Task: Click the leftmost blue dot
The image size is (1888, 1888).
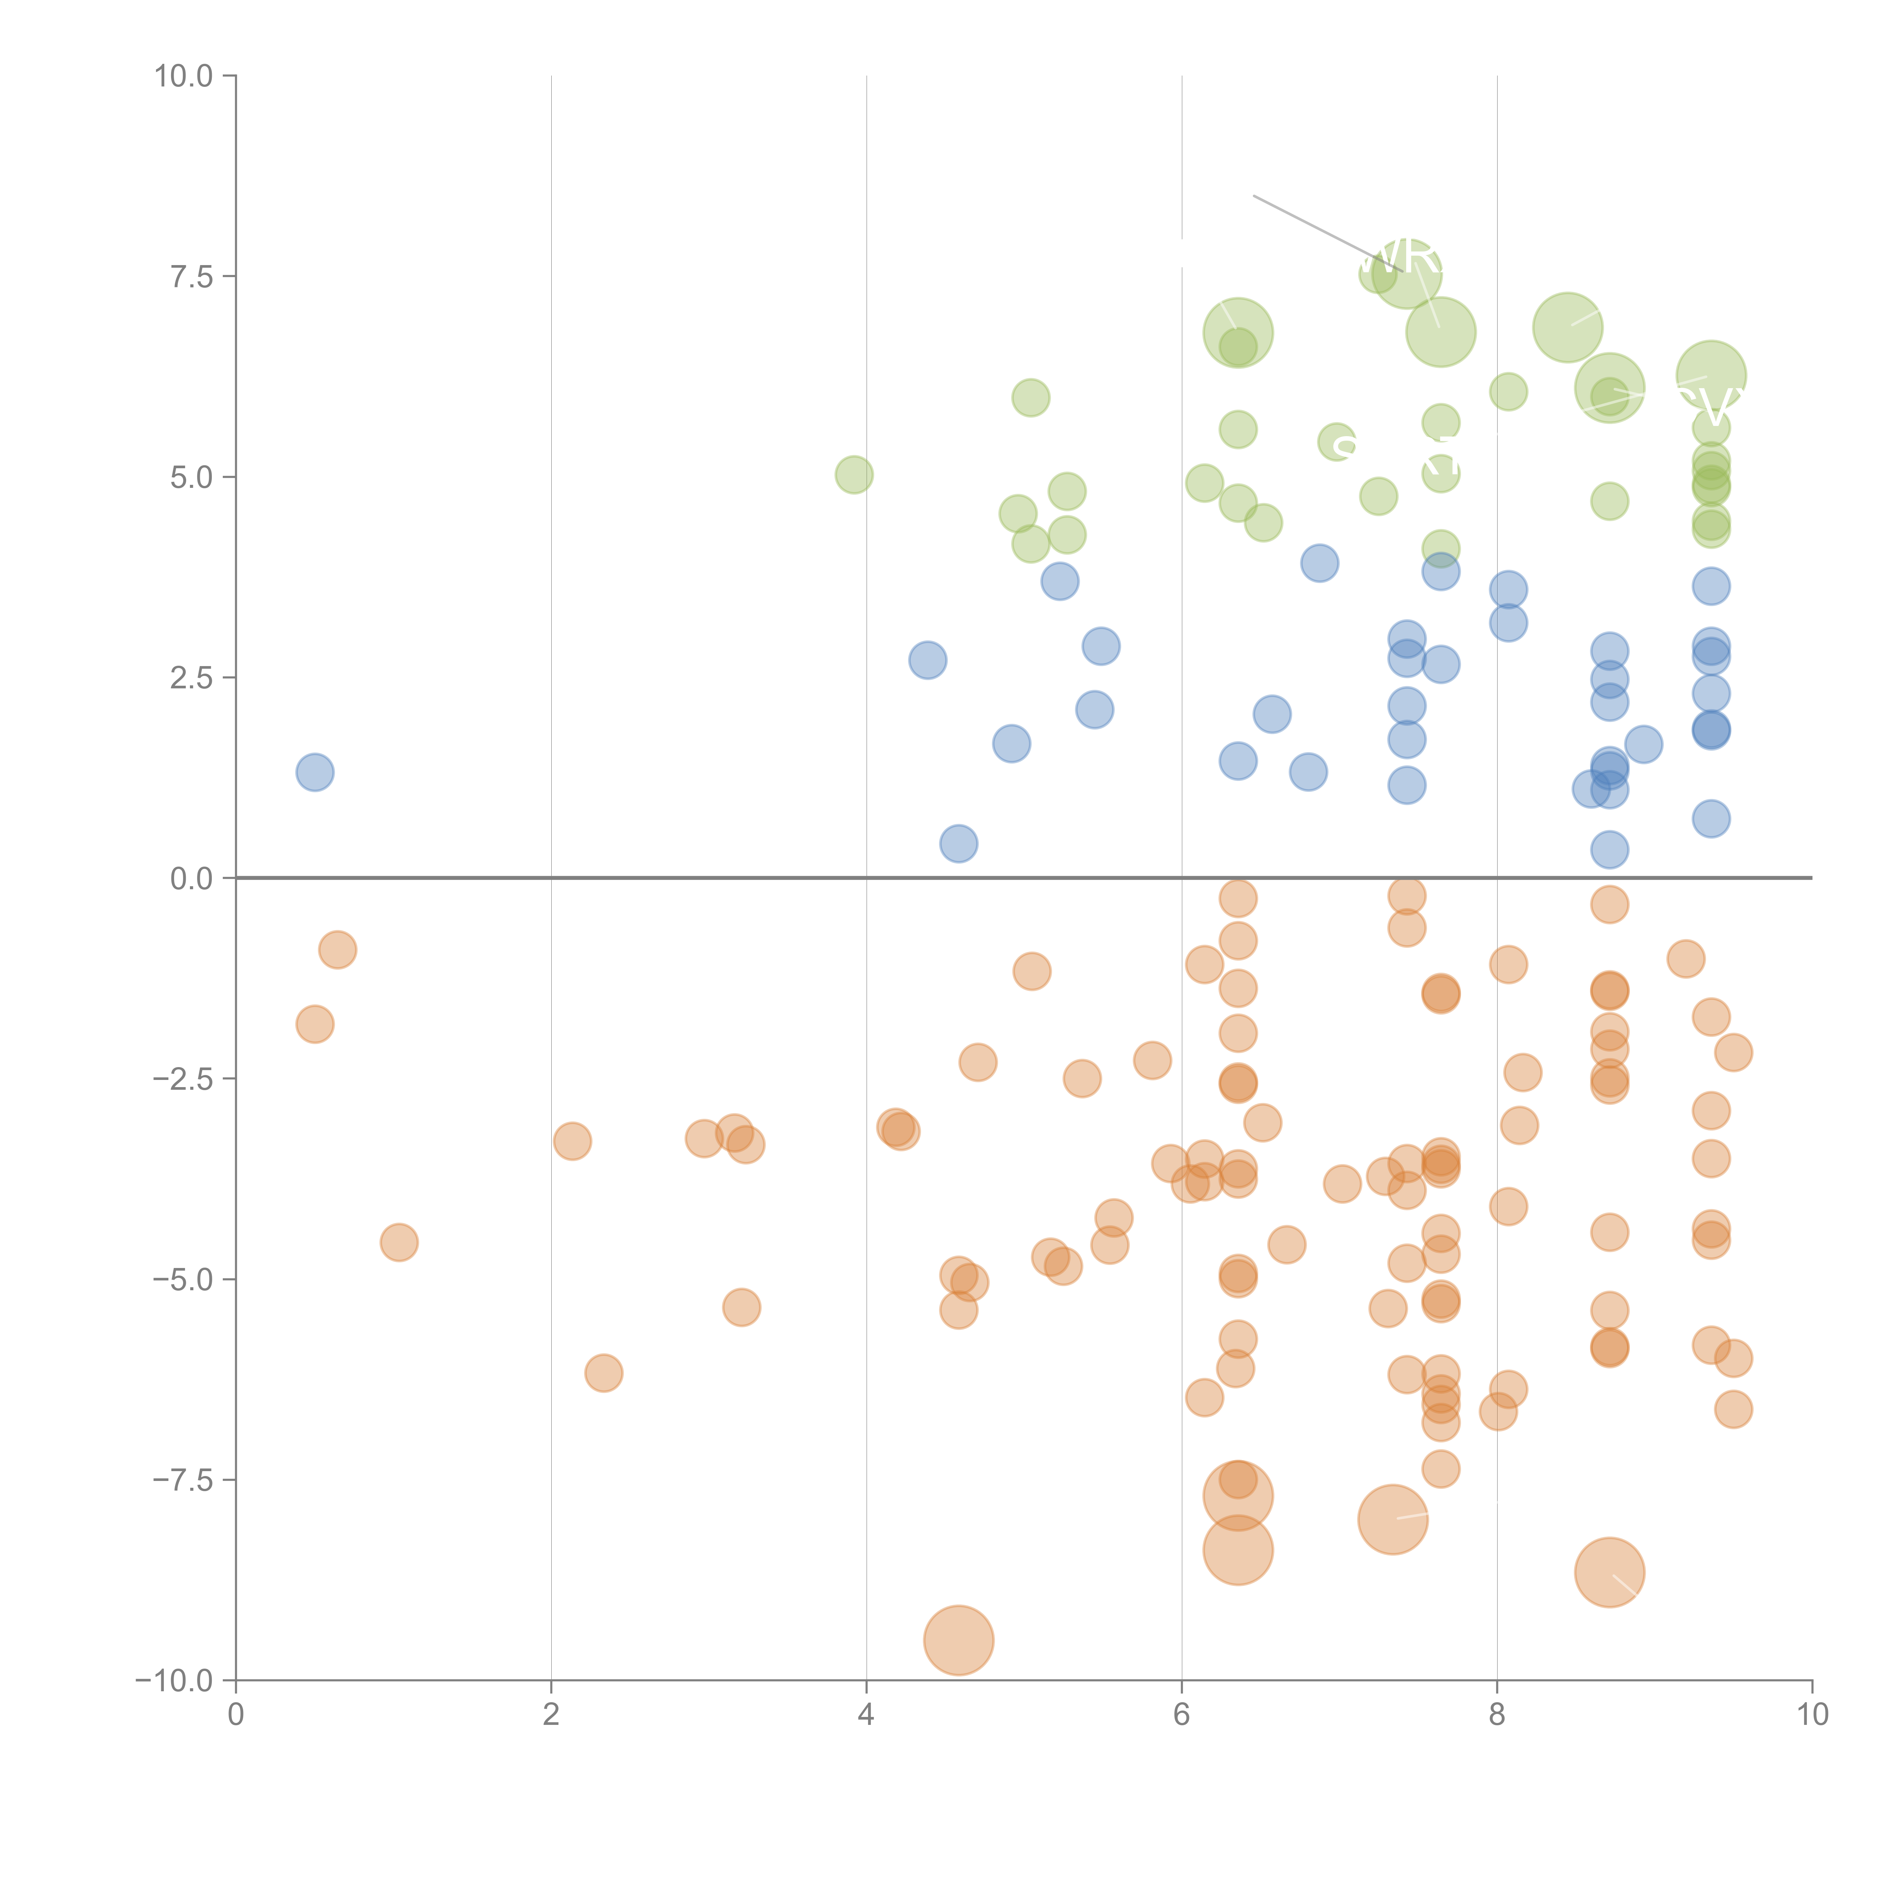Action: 315,772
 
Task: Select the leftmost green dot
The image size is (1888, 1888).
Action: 854,475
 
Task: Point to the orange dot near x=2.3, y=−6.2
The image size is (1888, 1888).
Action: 604,1373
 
